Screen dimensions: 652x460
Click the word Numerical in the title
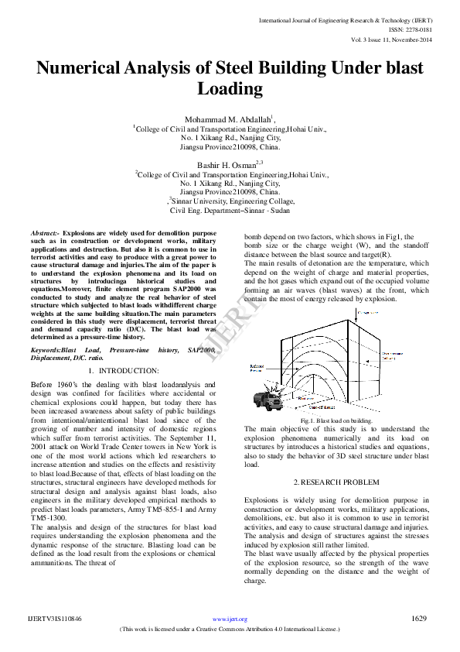click(85, 68)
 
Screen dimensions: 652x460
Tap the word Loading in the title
click(230, 89)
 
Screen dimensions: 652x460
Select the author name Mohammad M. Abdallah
click(227, 118)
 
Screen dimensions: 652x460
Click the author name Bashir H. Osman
click(229, 164)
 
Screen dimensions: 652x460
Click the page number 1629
click(419, 619)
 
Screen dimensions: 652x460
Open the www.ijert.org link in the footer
click(230, 619)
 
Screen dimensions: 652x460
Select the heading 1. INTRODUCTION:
click(124, 371)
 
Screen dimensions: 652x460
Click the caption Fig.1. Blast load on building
click(336, 420)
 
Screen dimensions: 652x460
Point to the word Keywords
click(46, 351)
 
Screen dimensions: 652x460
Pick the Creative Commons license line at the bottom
click(230, 630)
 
